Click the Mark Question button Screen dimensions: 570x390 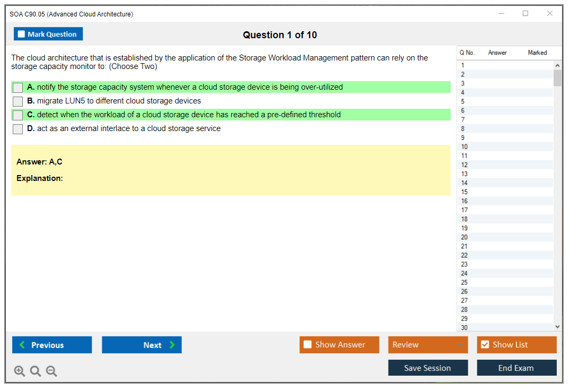(48, 34)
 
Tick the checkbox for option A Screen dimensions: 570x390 (18, 88)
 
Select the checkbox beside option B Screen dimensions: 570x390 (18, 101)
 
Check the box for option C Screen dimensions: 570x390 (18, 115)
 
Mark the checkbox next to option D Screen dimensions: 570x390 (18, 129)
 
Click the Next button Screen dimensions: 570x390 (142, 344)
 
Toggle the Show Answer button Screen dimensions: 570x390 (339, 344)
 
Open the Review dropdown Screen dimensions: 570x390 (428, 344)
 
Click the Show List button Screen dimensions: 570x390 (516, 344)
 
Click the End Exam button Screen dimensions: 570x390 (516, 368)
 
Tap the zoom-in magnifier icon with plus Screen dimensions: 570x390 (20, 371)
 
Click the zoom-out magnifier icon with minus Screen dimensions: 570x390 (51, 371)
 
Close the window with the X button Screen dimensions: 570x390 (550, 13)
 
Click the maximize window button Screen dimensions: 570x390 (525, 13)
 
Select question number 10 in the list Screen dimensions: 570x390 (464, 146)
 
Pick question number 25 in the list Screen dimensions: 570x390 (464, 282)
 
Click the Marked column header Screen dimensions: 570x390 (537, 53)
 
